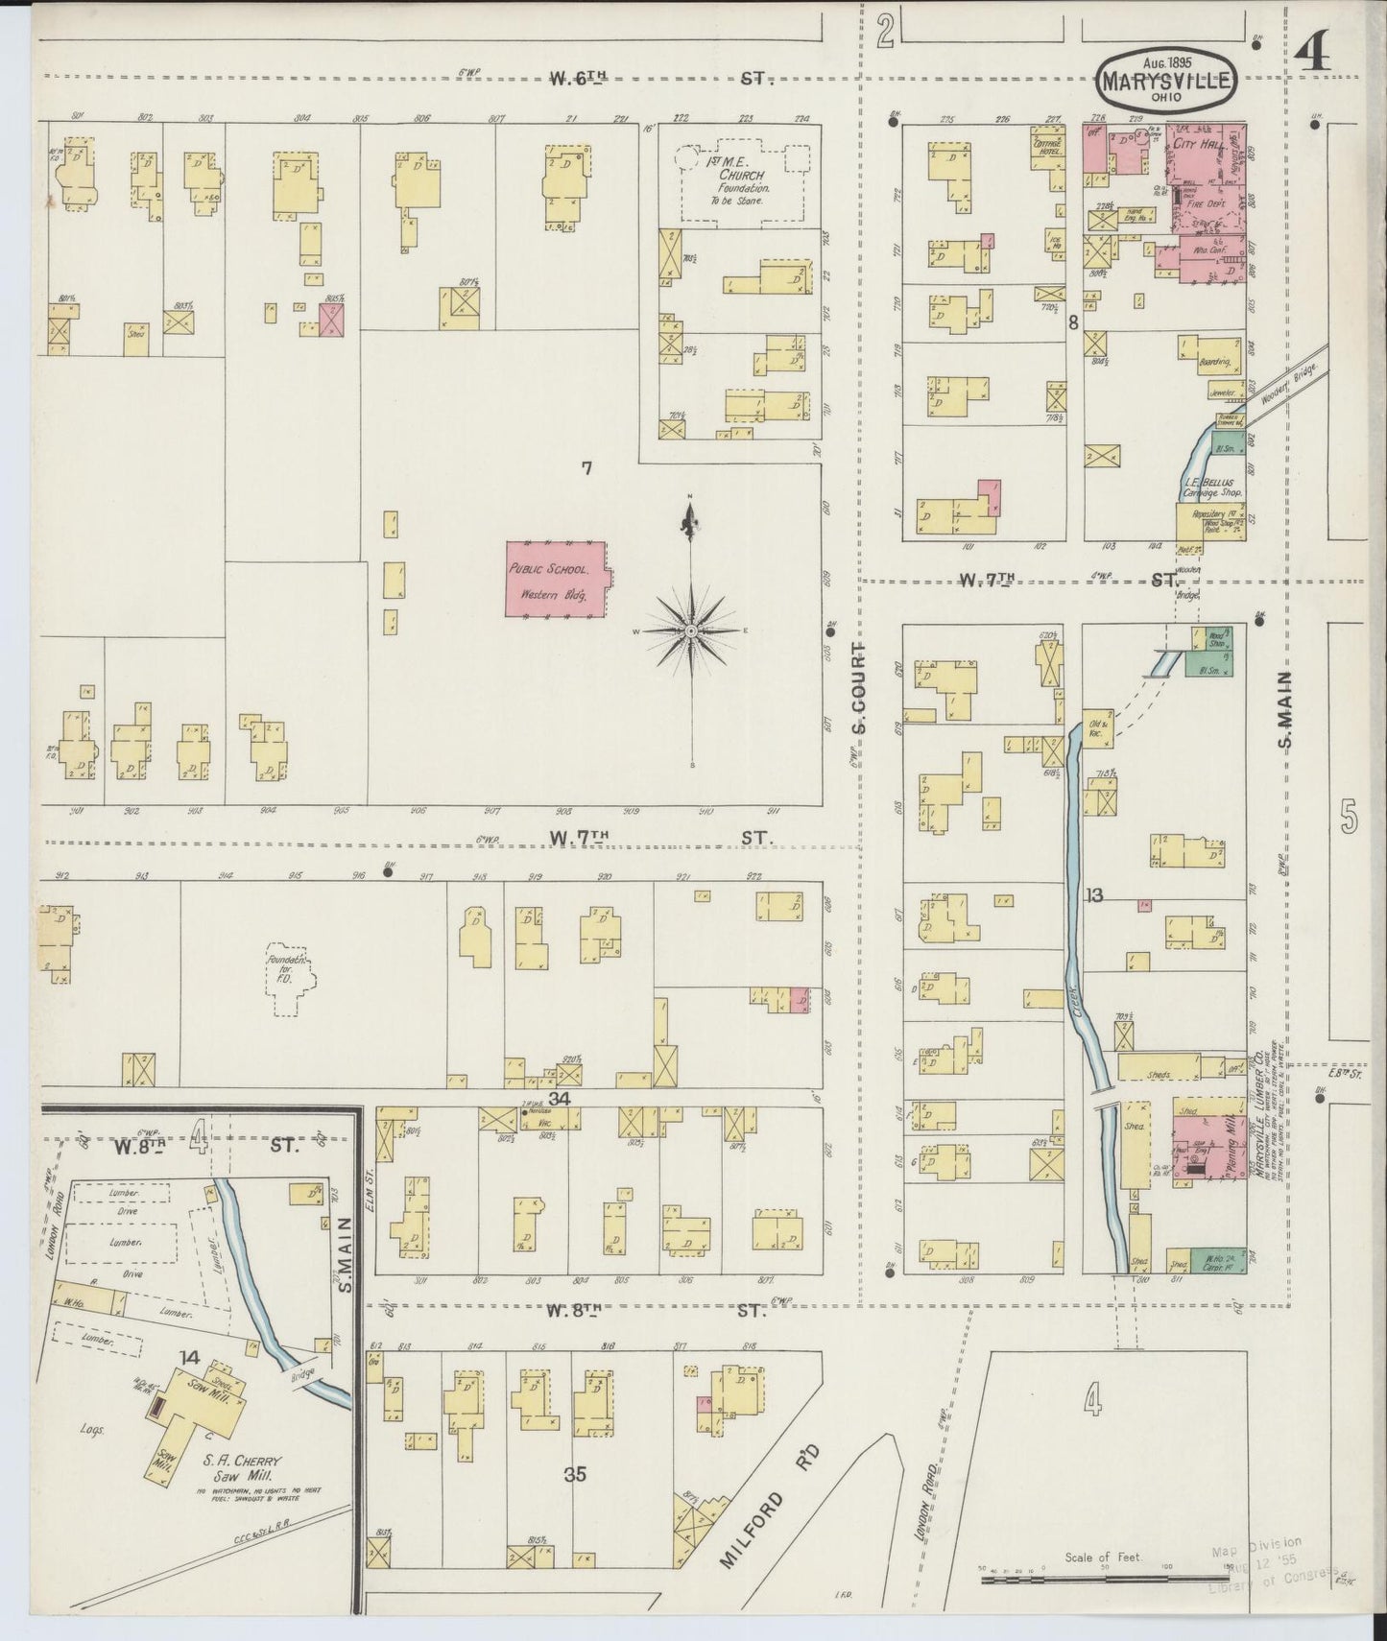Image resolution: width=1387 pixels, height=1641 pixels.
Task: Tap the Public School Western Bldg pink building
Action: pos(557,582)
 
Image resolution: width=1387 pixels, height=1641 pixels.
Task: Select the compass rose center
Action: pos(690,630)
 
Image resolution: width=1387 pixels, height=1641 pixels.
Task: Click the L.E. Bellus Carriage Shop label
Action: pos(1212,485)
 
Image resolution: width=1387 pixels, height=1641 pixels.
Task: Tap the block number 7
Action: pos(586,468)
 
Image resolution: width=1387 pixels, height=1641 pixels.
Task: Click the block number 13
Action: pos(1093,895)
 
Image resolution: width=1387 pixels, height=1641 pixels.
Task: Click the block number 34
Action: pos(560,1099)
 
